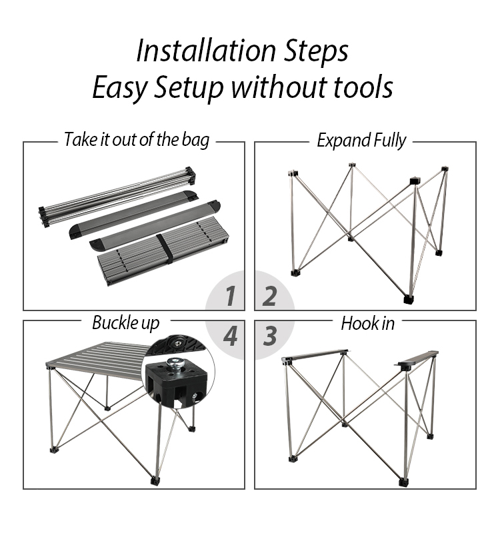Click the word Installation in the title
[x=206, y=51]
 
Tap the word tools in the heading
[x=363, y=87]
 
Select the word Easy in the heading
[x=119, y=88]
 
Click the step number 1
[x=230, y=296]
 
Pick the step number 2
[x=269, y=296]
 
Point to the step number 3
[x=269, y=336]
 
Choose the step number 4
[x=230, y=336]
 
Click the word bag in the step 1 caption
[x=195, y=140]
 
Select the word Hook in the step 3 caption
[x=357, y=323]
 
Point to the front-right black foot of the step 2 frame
[x=408, y=299]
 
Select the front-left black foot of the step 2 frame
[x=296, y=273]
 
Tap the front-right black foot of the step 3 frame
[x=403, y=482]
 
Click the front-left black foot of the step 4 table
[x=53, y=450]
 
